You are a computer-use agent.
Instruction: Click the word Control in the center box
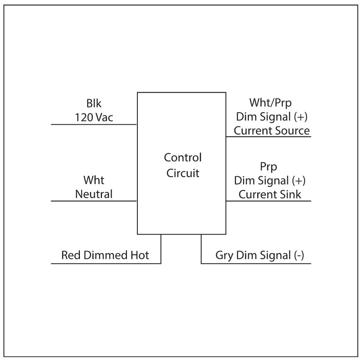(183, 158)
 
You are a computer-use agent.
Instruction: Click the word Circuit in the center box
(183, 173)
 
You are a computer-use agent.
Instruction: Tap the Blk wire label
(94, 104)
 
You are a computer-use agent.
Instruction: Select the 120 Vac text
(94, 117)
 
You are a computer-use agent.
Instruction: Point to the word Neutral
(94, 194)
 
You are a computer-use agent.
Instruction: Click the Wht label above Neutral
(94, 180)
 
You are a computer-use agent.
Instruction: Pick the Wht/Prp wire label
(271, 103)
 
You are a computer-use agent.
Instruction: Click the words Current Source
(272, 131)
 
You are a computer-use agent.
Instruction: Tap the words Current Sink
(270, 194)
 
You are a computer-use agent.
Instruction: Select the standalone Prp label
(268, 167)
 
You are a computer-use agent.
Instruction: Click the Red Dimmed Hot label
(105, 255)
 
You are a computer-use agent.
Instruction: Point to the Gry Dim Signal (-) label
(260, 255)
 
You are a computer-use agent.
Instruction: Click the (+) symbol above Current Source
(300, 117)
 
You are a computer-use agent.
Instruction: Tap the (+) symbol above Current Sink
(299, 180)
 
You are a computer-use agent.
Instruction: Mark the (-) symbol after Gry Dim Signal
(299, 255)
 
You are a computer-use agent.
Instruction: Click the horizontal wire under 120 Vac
(94, 124)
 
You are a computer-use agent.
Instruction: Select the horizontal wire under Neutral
(94, 201)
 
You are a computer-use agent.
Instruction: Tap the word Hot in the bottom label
(140, 255)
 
